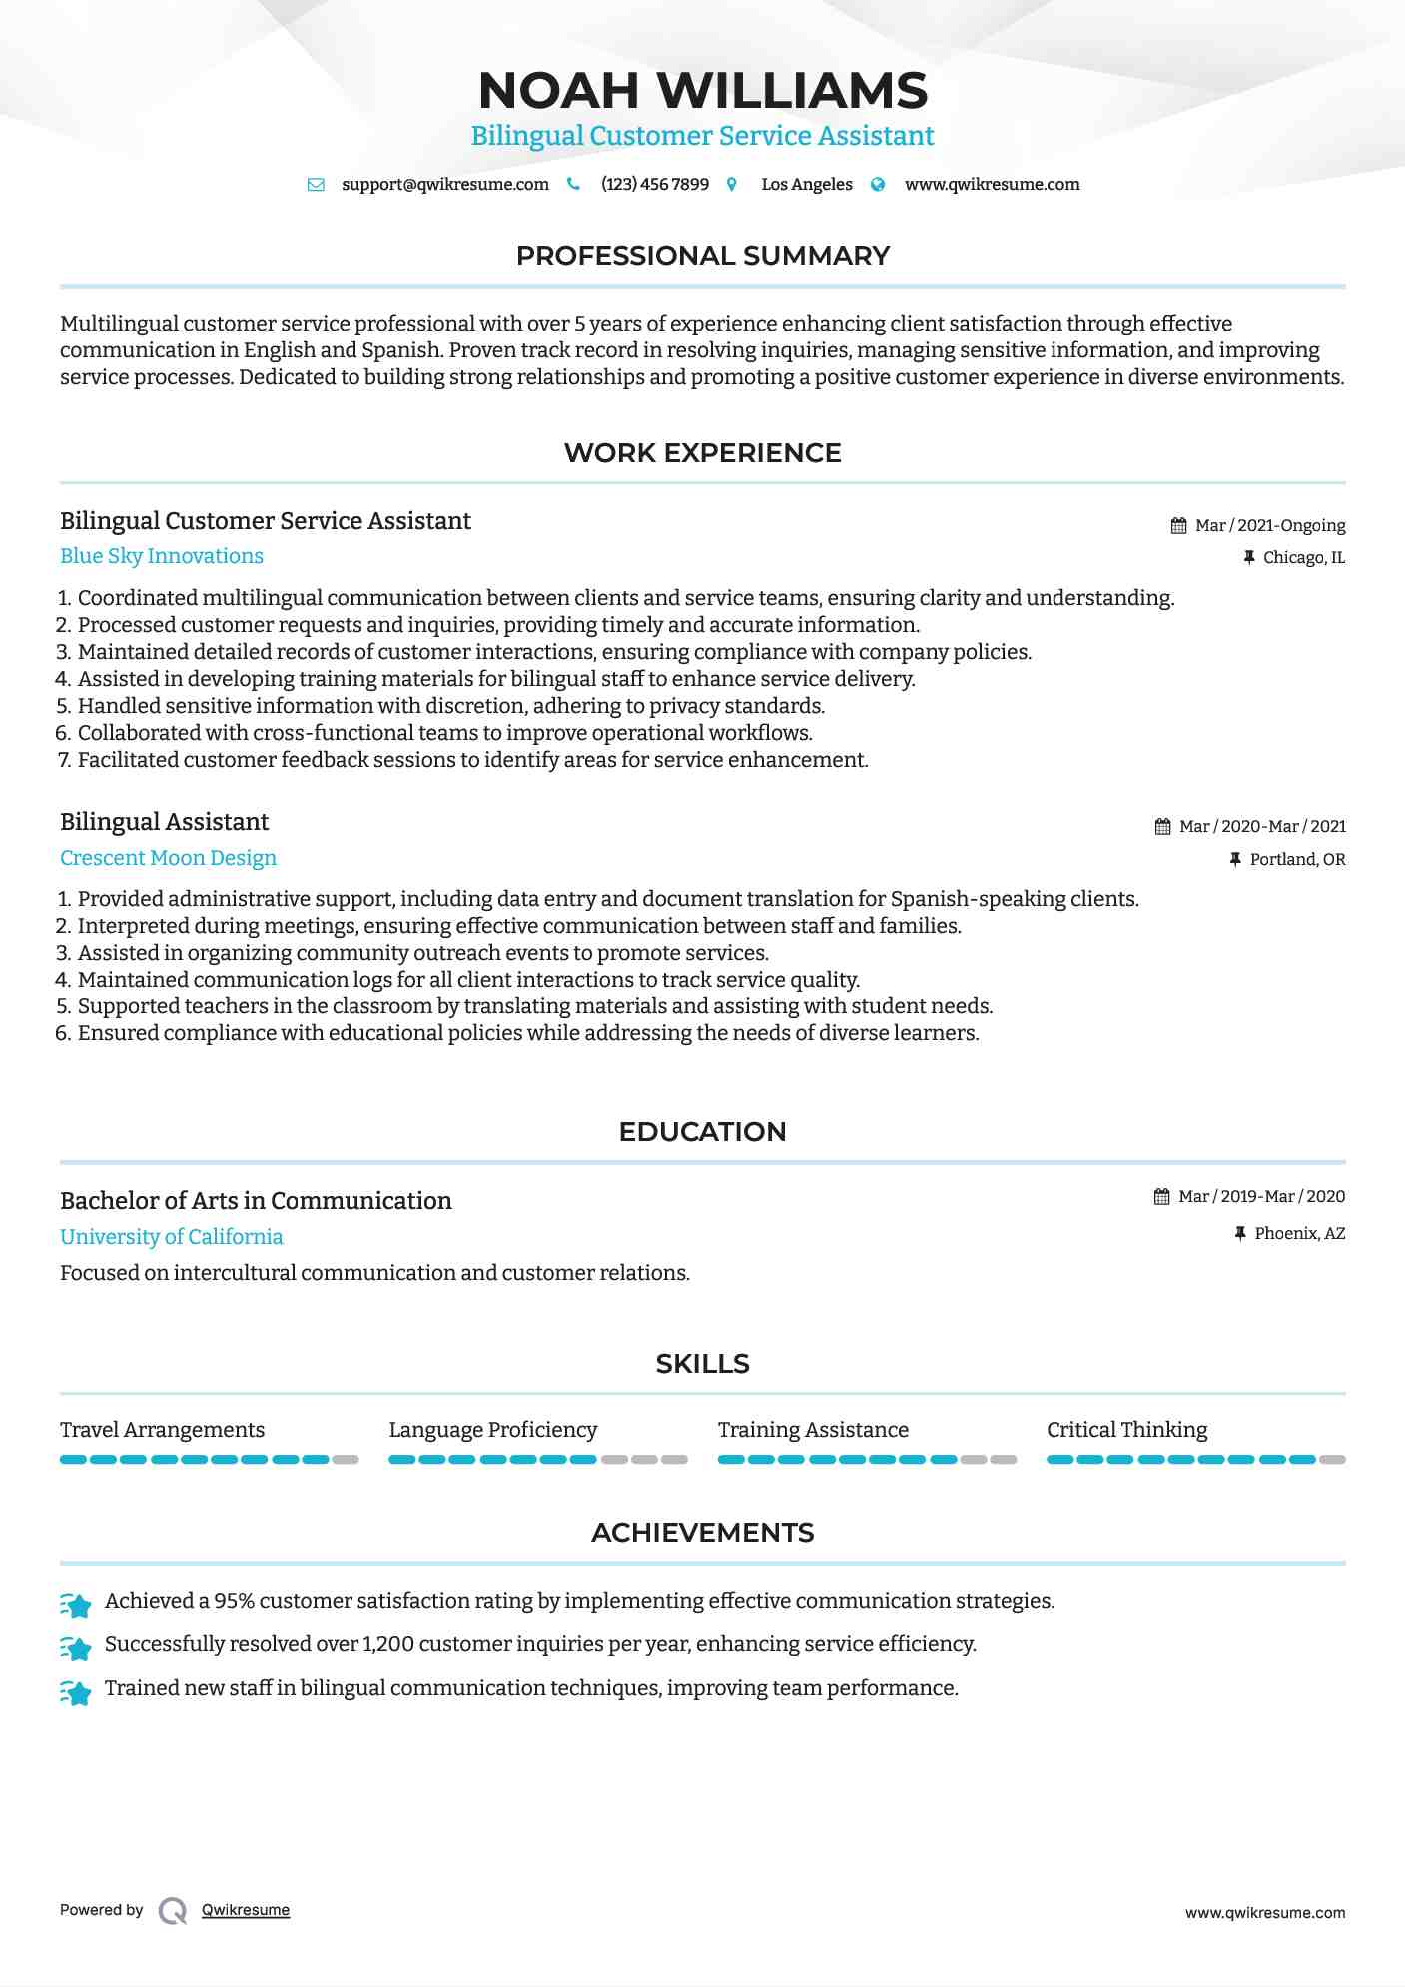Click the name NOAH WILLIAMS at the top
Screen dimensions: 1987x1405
pyautogui.click(x=702, y=91)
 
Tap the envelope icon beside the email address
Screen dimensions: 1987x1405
pyautogui.click(x=316, y=185)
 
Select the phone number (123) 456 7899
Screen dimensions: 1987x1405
pyautogui.click(x=654, y=185)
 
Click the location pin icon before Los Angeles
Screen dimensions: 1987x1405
pyautogui.click(x=732, y=185)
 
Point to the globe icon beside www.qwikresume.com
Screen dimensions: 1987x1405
pyautogui.click(x=878, y=185)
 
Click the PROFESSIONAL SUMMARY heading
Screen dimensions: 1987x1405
pyautogui.click(x=702, y=256)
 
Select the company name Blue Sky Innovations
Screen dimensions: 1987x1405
pyautogui.click(x=162, y=556)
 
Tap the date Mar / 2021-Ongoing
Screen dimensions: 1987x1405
pyautogui.click(x=1269, y=526)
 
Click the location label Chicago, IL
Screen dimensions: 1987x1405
pyautogui.click(x=1303, y=558)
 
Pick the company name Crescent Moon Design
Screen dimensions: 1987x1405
pyautogui.click(x=168, y=858)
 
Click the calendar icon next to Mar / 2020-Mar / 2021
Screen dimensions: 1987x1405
pyautogui.click(x=1162, y=827)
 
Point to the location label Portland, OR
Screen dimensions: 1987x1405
pyautogui.click(x=1297, y=860)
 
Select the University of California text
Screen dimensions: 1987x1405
pyautogui.click(x=171, y=1237)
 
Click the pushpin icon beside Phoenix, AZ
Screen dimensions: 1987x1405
pyautogui.click(x=1240, y=1234)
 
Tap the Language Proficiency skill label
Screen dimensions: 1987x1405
pyautogui.click(x=492, y=1430)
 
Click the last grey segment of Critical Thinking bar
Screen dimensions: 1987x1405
pyautogui.click(x=1332, y=1460)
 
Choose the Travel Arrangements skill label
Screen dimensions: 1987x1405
pyautogui.click(x=162, y=1430)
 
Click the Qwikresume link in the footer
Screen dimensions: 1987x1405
pyautogui.click(x=245, y=1910)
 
